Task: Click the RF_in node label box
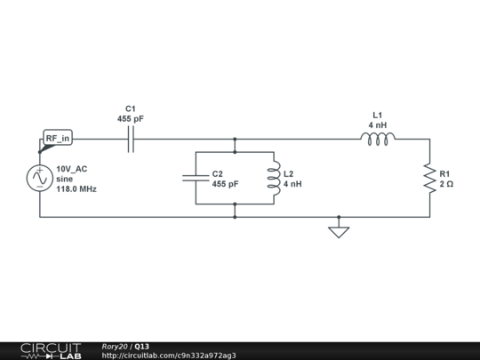coord(58,138)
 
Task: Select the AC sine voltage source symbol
coord(40,178)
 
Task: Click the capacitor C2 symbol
coord(196,178)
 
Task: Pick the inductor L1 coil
coord(378,140)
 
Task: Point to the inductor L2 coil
coord(274,178)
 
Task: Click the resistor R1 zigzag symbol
coord(430,178)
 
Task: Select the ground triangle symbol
coord(339,232)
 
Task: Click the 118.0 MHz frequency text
coord(76,188)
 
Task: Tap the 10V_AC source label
coord(72,169)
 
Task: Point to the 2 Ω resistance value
coord(446,184)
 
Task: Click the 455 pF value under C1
coord(131,119)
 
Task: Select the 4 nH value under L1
coord(378,125)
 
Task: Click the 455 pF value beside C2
coord(225,184)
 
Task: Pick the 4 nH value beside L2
coord(292,184)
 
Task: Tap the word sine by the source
coord(65,179)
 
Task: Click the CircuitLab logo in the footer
coord(51,351)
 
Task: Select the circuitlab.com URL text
coord(169,356)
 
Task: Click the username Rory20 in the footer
coord(115,347)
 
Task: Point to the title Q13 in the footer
coord(141,347)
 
